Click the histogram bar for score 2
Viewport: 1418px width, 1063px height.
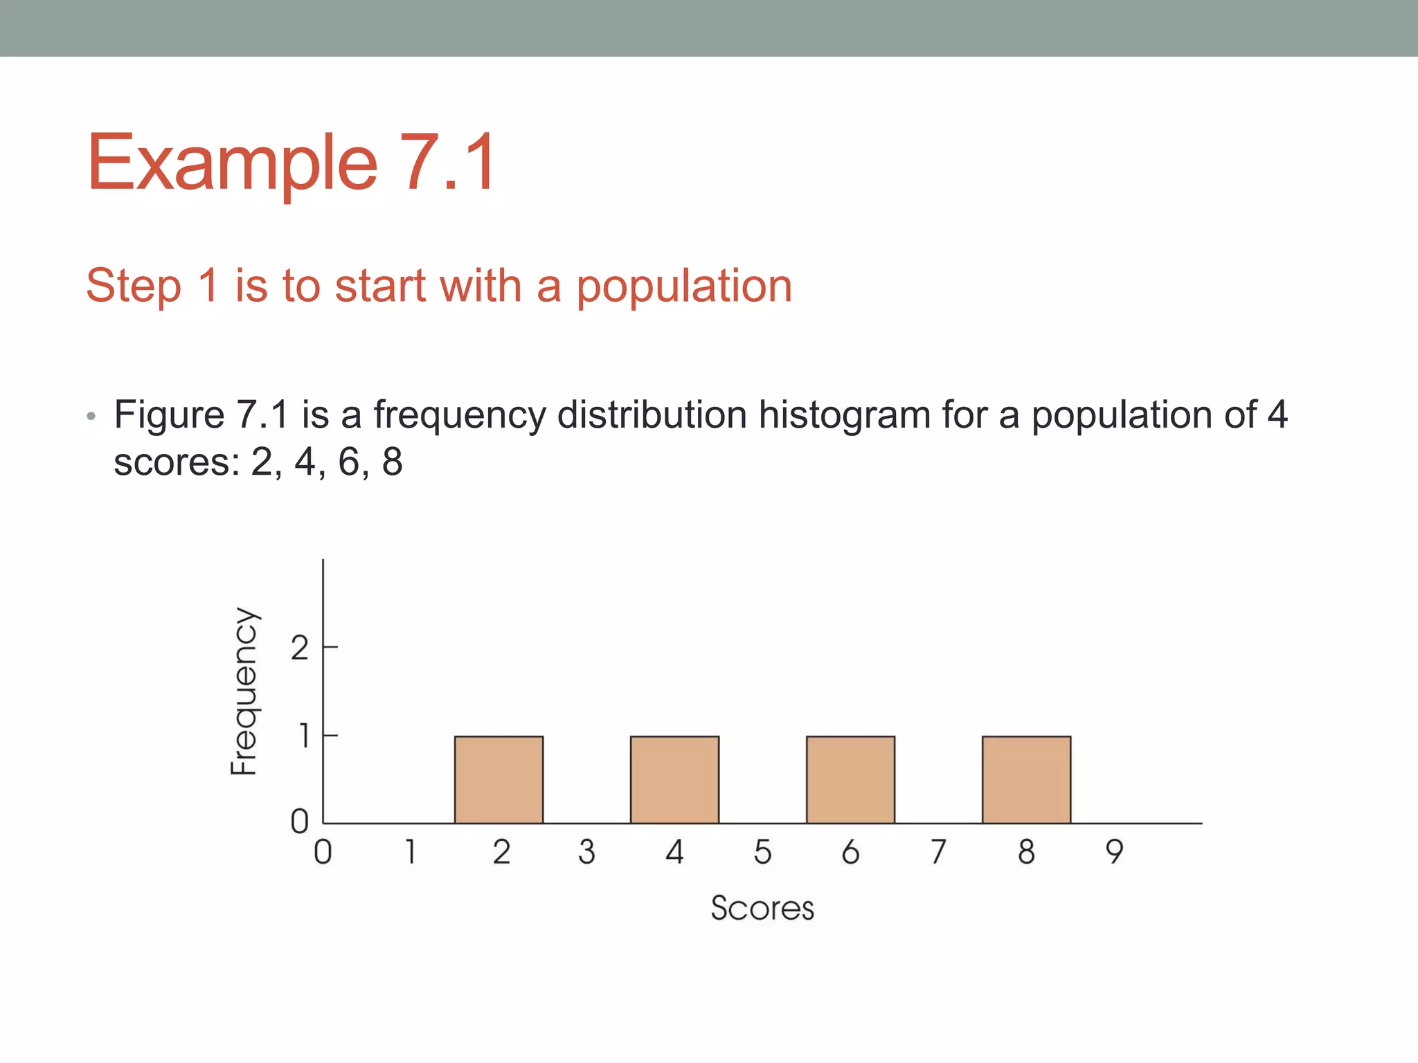point(499,779)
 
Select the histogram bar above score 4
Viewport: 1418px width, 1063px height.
point(674,779)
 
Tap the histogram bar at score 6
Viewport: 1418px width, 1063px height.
point(850,779)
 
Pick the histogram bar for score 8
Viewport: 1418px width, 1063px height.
point(1026,779)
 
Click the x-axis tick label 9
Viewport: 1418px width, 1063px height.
point(1114,852)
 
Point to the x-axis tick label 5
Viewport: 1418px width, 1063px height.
point(762,852)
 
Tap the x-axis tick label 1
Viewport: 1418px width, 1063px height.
point(411,852)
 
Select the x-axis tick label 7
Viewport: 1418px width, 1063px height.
point(938,852)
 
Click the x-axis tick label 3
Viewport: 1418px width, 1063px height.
point(586,852)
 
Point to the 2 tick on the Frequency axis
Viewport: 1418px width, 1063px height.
point(299,648)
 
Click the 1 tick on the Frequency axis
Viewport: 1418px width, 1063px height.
point(303,736)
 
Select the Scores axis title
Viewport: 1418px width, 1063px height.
point(762,908)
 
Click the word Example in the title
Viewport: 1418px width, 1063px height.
point(232,163)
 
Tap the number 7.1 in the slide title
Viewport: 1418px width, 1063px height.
point(449,163)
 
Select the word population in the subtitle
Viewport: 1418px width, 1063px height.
point(684,287)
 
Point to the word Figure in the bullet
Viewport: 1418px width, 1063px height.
point(169,415)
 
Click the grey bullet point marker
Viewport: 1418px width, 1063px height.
point(91,417)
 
